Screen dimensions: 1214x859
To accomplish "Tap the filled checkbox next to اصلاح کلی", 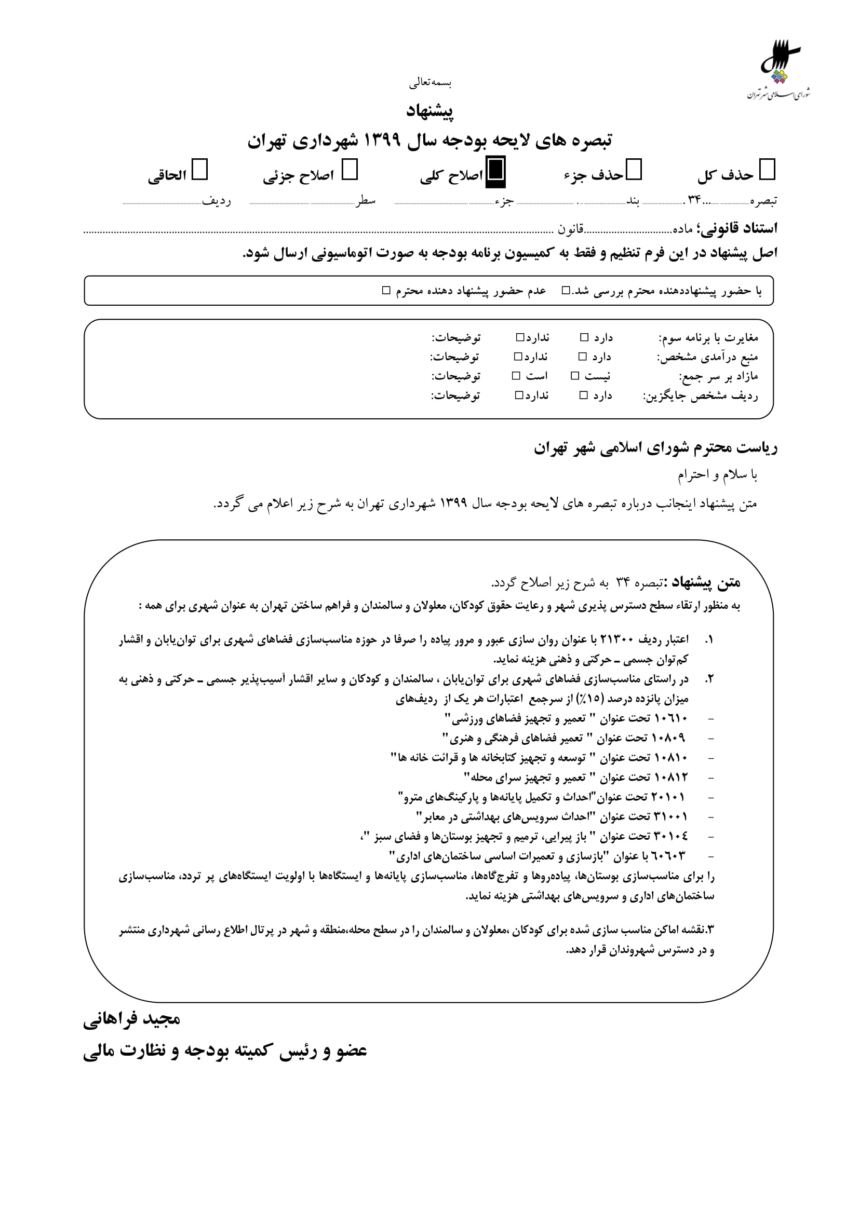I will pos(495,170).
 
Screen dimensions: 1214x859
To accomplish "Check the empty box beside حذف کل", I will pos(767,170).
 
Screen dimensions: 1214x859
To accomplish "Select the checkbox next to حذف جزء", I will pos(634,170).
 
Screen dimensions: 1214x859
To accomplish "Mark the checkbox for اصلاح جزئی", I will pos(350,170).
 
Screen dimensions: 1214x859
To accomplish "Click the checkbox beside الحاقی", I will pos(199,170).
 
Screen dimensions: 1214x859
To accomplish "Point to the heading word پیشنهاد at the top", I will pos(429,111).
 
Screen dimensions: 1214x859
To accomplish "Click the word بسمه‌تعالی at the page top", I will pos(429,83).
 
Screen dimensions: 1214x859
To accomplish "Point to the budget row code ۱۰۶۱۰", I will pos(670,718).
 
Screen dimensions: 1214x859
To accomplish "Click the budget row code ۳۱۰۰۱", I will pos(670,816).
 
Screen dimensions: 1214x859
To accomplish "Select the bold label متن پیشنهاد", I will pos(704,583).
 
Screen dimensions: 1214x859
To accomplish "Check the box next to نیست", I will pos(575,376).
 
